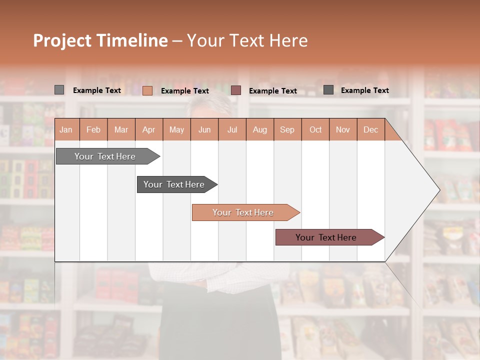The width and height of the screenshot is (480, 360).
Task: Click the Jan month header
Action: pos(66,129)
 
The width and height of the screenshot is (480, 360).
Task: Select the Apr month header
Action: pos(148,129)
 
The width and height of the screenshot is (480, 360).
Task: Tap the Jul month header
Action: pos(232,129)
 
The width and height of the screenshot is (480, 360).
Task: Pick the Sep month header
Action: pos(287,129)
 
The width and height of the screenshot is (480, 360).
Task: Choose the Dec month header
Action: pos(370,129)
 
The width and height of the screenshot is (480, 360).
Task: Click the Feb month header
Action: pos(93,129)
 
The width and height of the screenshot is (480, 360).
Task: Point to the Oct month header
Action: pos(315,129)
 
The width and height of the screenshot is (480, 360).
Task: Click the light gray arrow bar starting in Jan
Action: pos(105,156)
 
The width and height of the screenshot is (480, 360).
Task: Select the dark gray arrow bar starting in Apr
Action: pos(174,184)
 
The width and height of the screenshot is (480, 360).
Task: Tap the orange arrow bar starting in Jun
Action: pos(243,212)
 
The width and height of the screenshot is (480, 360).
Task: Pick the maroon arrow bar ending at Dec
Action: pos(326,237)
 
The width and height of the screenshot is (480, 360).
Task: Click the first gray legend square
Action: pos(59,90)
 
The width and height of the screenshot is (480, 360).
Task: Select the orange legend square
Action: pos(147,90)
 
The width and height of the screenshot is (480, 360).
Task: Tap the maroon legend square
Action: pos(236,90)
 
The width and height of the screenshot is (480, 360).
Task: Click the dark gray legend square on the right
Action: pos(328,90)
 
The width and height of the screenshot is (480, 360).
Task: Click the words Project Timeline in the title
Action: pos(100,40)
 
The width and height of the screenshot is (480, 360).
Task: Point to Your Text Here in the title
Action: pos(247,40)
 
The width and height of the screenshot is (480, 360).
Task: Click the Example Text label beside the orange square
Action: pos(185,91)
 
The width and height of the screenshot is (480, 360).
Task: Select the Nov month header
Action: pos(343,129)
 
